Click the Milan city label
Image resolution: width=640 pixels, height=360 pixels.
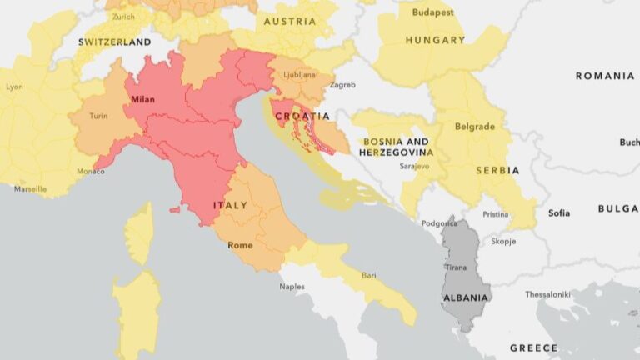(142, 99)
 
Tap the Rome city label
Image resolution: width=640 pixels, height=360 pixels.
(240, 245)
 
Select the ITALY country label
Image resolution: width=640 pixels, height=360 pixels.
(230, 205)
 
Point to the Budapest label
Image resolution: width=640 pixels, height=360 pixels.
(432, 13)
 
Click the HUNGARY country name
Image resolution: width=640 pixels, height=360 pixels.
(435, 40)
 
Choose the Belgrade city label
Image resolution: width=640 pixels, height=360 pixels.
(475, 127)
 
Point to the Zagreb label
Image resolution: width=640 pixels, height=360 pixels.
(342, 85)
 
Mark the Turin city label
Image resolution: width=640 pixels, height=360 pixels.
(99, 116)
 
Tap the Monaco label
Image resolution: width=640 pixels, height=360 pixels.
(91, 172)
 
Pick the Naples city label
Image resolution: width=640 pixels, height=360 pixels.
(292, 287)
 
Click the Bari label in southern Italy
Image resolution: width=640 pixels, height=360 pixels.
(368, 275)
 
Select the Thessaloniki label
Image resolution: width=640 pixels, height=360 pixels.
(547, 294)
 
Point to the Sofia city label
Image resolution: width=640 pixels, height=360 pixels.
(559, 213)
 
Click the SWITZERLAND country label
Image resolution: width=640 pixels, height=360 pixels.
(114, 42)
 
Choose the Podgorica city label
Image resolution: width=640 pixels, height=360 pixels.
(439, 223)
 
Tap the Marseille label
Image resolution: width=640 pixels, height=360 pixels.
(31, 189)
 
